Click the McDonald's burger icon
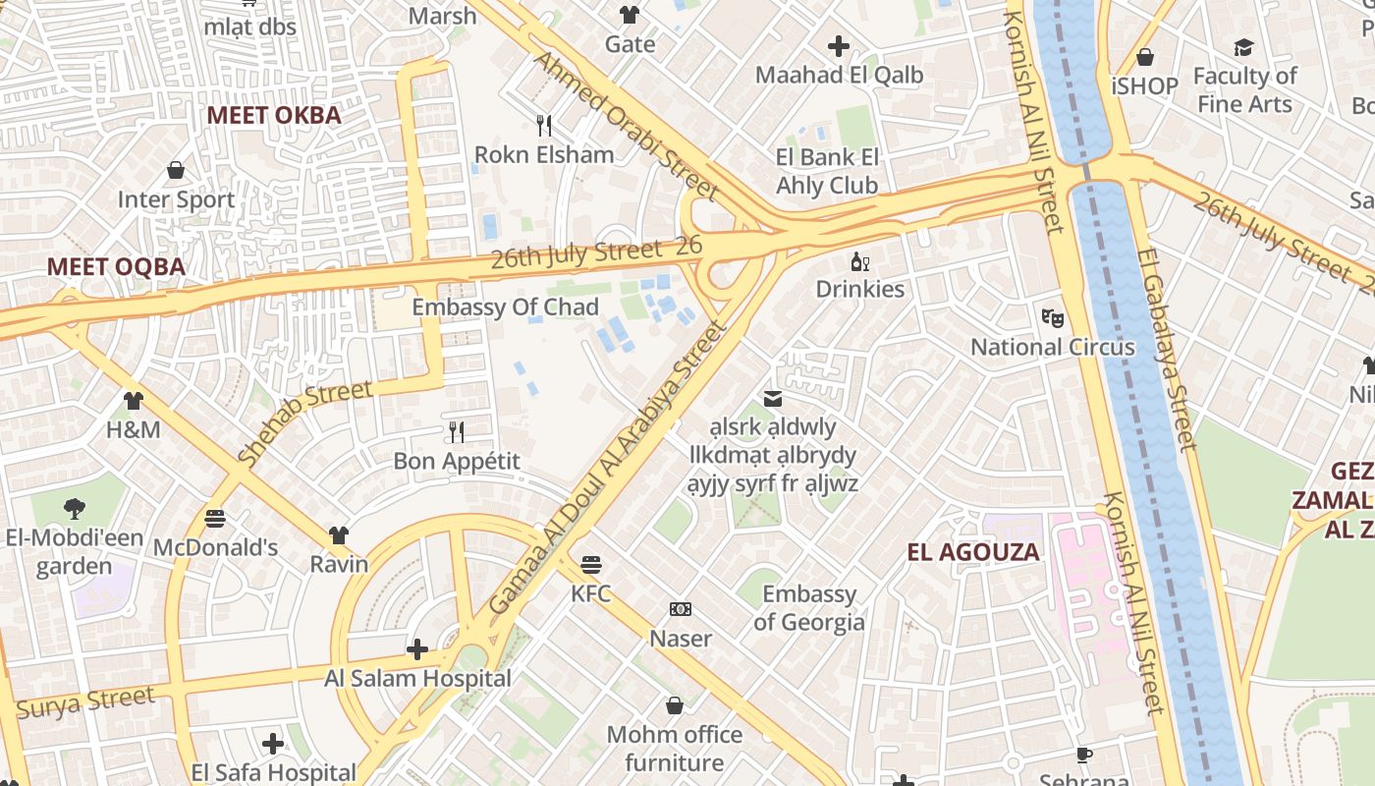pyautogui.click(x=215, y=518)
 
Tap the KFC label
pyautogui.click(x=591, y=593)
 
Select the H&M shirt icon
pyautogui.click(x=133, y=401)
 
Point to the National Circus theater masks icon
pyautogui.click(x=1053, y=317)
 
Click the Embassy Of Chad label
pyautogui.click(x=505, y=308)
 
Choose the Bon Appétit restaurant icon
pyautogui.click(x=457, y=431)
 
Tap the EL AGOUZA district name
pyautogui.click(x=972, y=551)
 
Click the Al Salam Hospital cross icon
pyautogui.click(x=417, y=648)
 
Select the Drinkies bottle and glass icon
pyautogui.click(x=860, y=261)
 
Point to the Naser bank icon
pyautogui.click(x=681, y=609)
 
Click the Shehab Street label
pyautogui.click(x=305, y=421)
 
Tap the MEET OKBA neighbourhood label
pyautogui.click(x=274, y=115)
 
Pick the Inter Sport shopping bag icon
pyautogui.click(x=176, y=171)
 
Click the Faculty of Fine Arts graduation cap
pyautogui.click(x=1244, y=47)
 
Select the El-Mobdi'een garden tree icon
pyautogui.click(x=74, y=508)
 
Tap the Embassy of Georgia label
pyautogui.click(x=809, y=608)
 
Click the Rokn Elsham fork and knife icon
pyautogui.click(x=544, y=126)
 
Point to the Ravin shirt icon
pyautogui.click(x=339, y=534)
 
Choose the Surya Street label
pyautogui.click(x=85, y=702)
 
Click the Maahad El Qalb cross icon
pyautogui.click(x=839, y=45)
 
